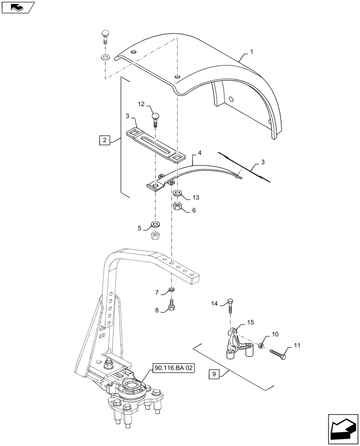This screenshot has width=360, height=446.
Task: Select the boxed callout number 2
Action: click(104, 140)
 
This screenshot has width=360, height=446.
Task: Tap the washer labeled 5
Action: click(155, 224)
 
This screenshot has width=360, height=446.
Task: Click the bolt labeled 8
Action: click(172, 306)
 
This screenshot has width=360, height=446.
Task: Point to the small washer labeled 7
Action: click(172, 291)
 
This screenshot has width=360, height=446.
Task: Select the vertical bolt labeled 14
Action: click(229, 307)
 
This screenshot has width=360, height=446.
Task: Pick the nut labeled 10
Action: click(261, 346)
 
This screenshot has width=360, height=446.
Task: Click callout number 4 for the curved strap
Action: click(199, 153)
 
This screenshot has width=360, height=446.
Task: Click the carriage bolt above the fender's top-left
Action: click(105, 37)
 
